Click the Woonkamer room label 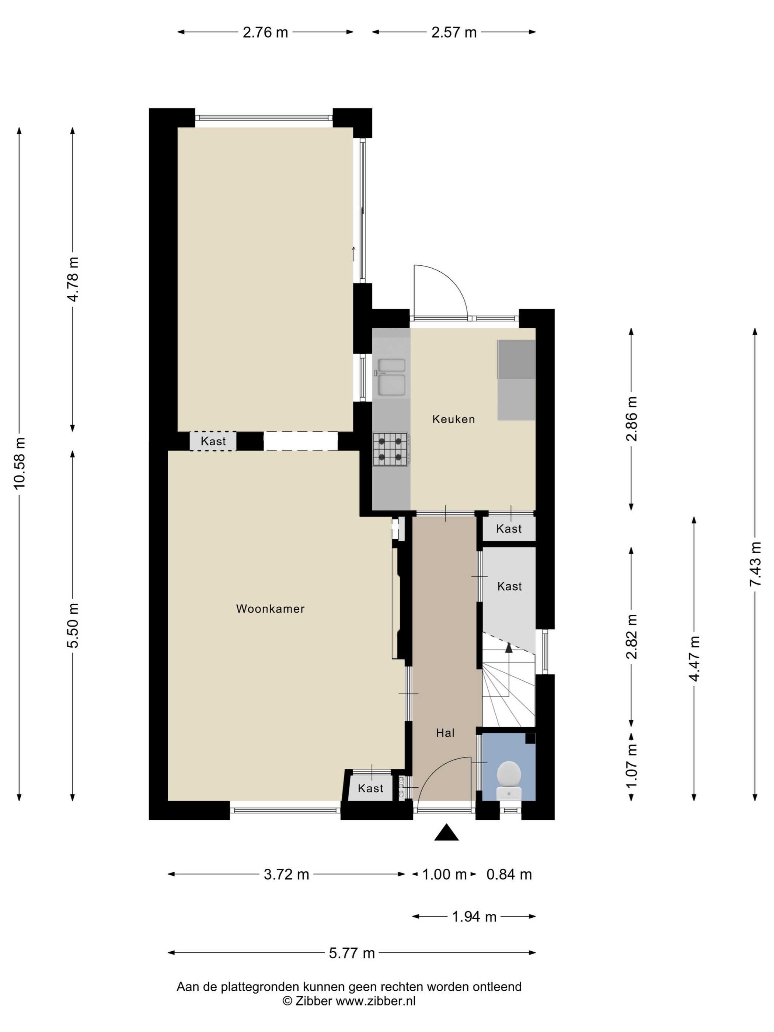[x=270, y=609]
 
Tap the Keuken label [x=453, y=419]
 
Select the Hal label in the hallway [x=445, y=733]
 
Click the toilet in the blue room [x=509, y=781]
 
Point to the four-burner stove [x=391, y=449]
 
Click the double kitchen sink [x=391, y=377]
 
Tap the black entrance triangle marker [x=446, y=832]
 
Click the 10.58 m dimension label [x=20, y=463]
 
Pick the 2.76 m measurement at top [x=265, y=32]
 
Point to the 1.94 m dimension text [x=474, y=916]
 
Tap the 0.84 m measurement [x=509, y=874]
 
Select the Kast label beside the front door [x=370, y=788]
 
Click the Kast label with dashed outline [x=213, y=441]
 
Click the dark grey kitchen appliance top [x=516, y=359]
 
